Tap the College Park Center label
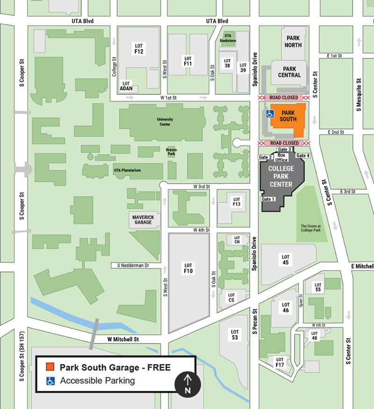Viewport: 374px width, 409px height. pos(281,176)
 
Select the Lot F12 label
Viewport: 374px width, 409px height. pos(138,49)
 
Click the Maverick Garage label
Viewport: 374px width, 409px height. pos(143,219)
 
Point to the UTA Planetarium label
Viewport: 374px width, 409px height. pos(127,171)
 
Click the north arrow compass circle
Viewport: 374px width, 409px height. pos(187,384)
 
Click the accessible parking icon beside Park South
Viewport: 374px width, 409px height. pos(269,114)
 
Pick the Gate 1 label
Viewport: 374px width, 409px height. pos(268,199)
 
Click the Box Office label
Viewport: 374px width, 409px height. pos(281,157)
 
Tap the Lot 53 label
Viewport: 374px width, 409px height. pos(235,334)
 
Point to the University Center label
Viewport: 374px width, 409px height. pos(165,122)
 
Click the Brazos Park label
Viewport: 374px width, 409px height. pos(172,151)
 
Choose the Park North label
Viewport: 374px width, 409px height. pos(294,42)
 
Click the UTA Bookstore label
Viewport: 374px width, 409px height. pos(228,38)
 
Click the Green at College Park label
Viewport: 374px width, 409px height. pos(310,228)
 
